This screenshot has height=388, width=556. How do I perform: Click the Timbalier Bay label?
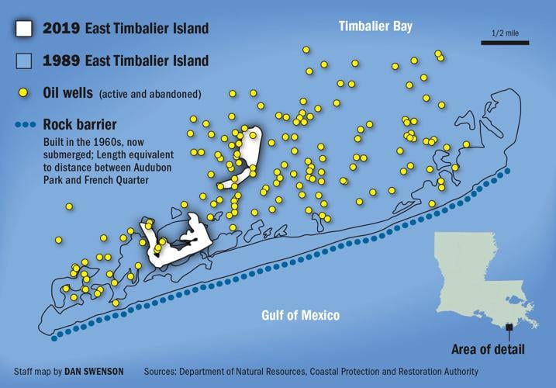(x=375, y=27)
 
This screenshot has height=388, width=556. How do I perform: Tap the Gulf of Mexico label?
(x=299, y=316)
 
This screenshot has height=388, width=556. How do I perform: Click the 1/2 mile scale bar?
(x=504, y=42)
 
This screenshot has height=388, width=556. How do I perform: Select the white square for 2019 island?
(x=23, y=29)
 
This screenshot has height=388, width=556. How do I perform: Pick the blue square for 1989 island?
(x=23, y=61)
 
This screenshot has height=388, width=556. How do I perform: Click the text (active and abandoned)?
(x=150, y=94)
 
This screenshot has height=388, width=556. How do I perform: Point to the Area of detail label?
(x=490, y=347)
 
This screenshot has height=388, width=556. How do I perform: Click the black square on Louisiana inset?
(x=509, y=327)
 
